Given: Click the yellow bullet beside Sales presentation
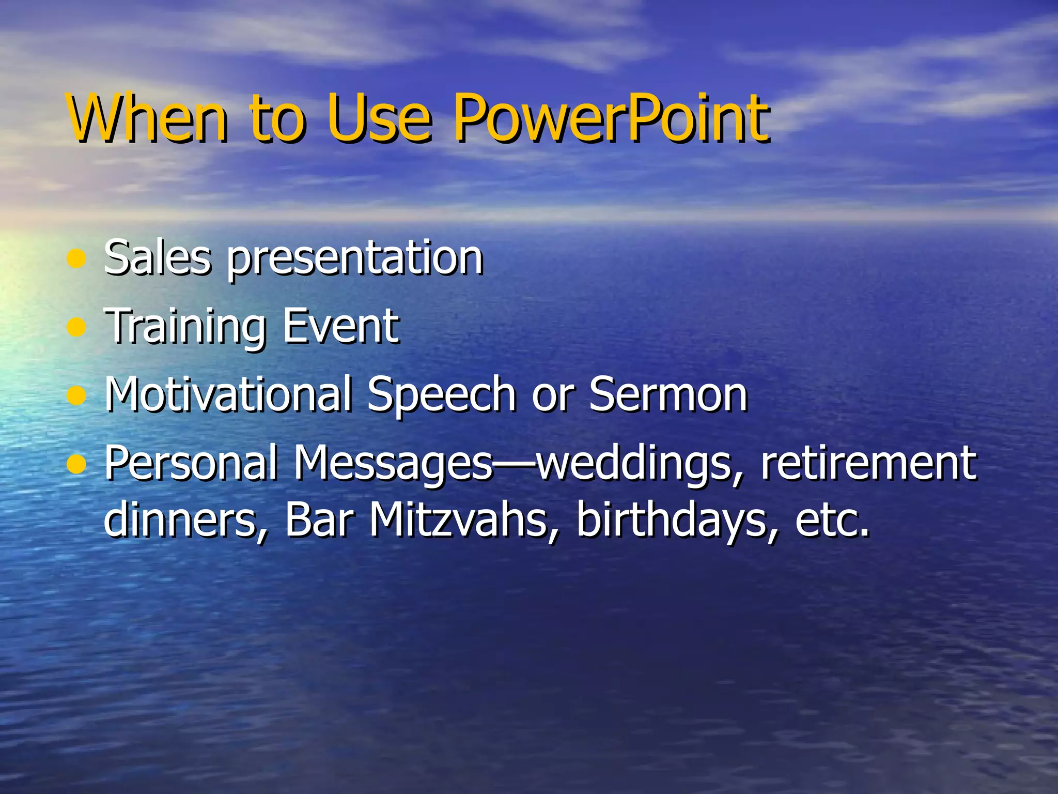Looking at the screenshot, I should pos(76,259).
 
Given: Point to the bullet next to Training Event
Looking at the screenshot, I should pos(76,327).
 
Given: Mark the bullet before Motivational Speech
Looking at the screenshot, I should pos(76,396).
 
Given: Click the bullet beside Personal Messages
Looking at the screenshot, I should pos(76,465).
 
